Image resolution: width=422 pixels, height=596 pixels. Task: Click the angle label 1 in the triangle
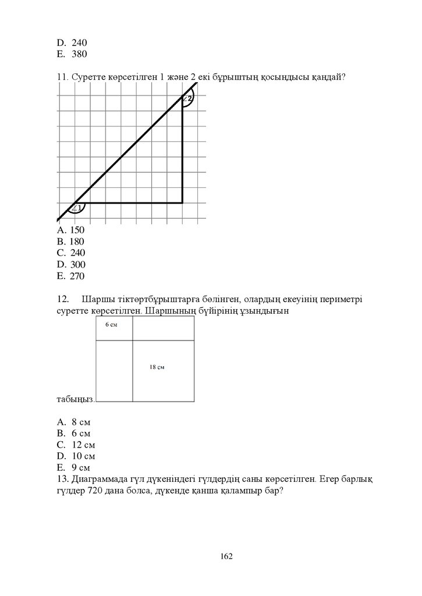pos(76,208)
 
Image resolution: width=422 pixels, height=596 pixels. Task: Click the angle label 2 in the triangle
pos(187,98)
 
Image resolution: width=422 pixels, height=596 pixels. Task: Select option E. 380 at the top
pos(72,54)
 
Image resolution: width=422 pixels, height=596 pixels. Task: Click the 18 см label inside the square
pos(157,367)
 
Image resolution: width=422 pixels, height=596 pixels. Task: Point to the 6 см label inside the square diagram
pos(111,325)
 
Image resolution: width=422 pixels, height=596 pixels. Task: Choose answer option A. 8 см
pos(74,421)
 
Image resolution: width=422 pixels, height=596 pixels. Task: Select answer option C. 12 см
pos(76,444)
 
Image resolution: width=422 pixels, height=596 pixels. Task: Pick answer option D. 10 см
pos(76,456)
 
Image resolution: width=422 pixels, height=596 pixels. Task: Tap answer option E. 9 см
pos(74,467)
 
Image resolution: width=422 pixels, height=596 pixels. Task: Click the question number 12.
pos(64,299)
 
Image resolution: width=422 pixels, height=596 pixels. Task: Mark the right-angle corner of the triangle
pos(182,203)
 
